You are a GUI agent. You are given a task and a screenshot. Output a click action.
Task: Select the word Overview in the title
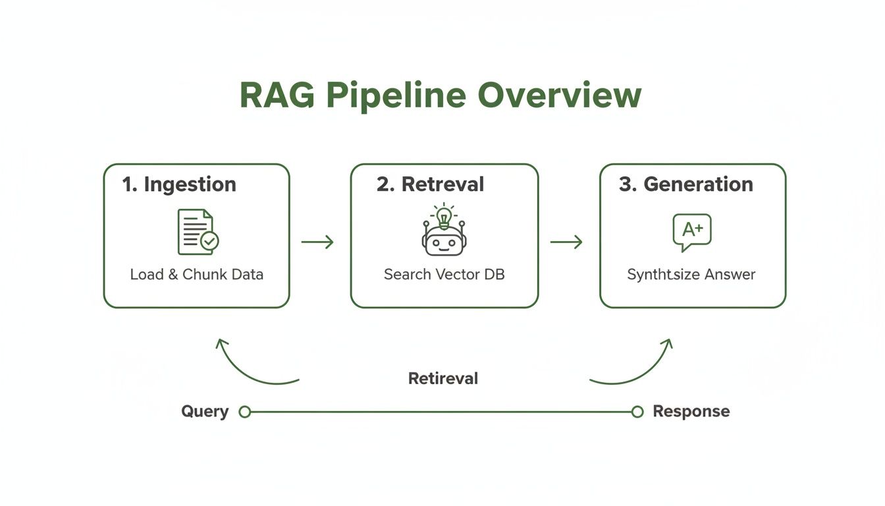pyautogui.click(x=558, y=96)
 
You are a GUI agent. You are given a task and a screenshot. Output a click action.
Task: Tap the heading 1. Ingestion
pyautogui.click(x=179, y=184)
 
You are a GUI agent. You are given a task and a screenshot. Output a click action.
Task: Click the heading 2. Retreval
pyautogui.click(x=430, y=184)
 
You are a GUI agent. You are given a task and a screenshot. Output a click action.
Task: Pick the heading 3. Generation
pyautogui.click(x=685, y=184)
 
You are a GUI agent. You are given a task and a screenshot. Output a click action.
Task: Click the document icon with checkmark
pyautogui.click(x=198, y=232)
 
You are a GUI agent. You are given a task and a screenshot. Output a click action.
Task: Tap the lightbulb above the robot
pyautogui.click(x=444, y=215)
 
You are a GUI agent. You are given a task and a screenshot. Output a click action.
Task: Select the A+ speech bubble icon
pyautogui.click(x=691, y=232)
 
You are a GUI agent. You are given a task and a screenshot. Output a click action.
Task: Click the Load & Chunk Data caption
pyautogui.click(x=196, y=275)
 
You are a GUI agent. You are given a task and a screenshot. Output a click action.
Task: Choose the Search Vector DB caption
pyautogui.click(x=444, y=275)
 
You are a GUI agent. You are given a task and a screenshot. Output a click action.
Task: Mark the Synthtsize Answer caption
pyautogui.click(x=691, y=275)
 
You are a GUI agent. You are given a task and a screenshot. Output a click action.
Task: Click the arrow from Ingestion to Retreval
pyautogui.click(x=317, y=242)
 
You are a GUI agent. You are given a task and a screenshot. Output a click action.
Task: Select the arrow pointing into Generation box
pyautogui.click(x=566, y=242)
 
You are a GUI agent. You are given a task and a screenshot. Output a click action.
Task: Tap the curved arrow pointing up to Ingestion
pyautogui.click(x=247, y=366)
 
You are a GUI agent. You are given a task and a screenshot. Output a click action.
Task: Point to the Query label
pyautogui.click(x=205, y=412)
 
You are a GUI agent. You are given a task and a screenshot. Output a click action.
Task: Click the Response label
pyautogui.click(x=691, y=412)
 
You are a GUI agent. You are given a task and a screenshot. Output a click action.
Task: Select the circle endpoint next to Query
pyautogui.click(x=245, y=412)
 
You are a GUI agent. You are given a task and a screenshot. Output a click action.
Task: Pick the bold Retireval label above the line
pyautogui.click(x=443, y=379)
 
